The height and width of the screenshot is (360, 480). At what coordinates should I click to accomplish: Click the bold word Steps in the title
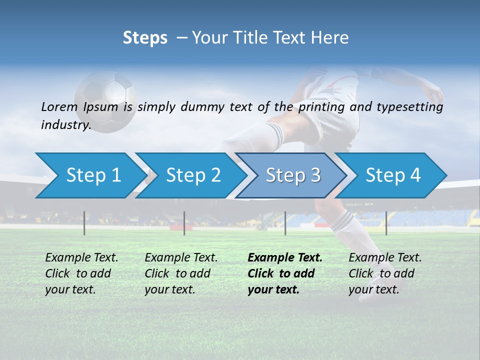145,37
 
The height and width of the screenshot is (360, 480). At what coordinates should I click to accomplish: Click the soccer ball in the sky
105,100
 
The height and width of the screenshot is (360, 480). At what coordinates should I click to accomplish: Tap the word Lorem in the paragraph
59,106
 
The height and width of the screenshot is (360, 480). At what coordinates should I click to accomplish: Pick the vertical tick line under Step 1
84,223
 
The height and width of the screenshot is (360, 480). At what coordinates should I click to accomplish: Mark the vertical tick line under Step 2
184,223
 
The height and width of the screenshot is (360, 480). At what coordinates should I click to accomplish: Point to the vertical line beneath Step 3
285,223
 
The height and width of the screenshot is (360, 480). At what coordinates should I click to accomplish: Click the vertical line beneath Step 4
386,223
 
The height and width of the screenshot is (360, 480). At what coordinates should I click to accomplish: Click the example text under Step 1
81,273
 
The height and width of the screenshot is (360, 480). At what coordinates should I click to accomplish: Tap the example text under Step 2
181,273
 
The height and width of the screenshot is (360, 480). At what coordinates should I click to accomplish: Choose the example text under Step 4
385,273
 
